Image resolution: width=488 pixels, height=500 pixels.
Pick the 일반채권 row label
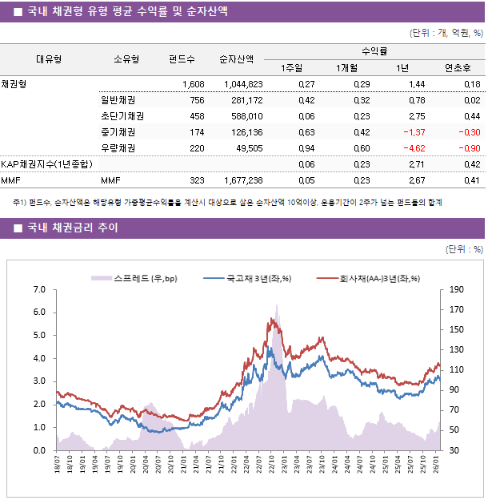pyautogui.click(x=118, y=100)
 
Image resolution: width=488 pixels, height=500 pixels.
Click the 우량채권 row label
pyautogui.click(x=118, y=148)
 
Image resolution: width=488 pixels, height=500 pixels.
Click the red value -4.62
pyautogui.click(x=413, y=148)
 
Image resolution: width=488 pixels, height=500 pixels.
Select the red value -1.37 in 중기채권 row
pyautogui.click(x=413, y=132)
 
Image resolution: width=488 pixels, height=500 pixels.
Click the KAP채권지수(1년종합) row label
pyautogui.click(x=46, y=164)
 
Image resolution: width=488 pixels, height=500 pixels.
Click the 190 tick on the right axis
pyautogui.click(x=457, y=289)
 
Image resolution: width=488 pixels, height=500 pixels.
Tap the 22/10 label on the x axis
pyautogui.click(x=271, y=465)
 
